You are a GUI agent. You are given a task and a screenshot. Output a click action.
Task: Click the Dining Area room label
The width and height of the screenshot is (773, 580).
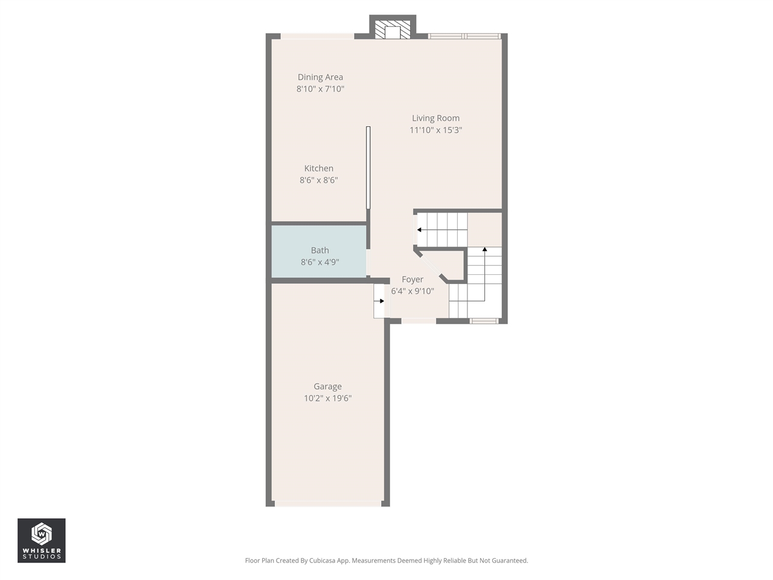tap(320, 77)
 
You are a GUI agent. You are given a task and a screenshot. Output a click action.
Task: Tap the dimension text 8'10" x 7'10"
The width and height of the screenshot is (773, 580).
tap(320, 89)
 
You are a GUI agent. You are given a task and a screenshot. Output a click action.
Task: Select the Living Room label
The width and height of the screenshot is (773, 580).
tap(435, 118)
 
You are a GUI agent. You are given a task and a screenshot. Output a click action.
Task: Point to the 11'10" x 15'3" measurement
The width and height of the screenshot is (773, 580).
tap(435, 130)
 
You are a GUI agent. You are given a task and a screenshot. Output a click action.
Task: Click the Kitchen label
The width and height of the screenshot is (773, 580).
tap(319, 169)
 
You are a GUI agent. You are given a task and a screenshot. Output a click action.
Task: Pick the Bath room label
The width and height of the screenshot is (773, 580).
tap(320, 250)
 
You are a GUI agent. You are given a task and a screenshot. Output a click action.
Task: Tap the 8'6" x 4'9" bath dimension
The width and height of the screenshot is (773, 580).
tap(320, 262)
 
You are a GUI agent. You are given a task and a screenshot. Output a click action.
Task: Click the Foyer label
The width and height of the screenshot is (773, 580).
tap(412, 279)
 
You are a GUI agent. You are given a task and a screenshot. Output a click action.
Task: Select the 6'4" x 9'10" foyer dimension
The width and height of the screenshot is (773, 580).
tap(412, 291)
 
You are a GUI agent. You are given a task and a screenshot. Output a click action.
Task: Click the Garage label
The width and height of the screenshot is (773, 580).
tap(327, 387)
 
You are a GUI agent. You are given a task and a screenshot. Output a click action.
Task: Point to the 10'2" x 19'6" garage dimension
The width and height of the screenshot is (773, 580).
tap(327, 398)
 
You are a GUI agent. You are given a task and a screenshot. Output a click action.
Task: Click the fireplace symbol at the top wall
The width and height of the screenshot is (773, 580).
tap(393, 29)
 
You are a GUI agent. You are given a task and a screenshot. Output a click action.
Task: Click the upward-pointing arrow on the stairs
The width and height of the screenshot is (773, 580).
tap(484, 250)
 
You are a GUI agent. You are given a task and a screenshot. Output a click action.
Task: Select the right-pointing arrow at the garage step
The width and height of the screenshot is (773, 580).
tap(381, 301)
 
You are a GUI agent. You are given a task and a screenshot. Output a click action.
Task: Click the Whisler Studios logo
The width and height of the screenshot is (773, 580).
tap(41, 541)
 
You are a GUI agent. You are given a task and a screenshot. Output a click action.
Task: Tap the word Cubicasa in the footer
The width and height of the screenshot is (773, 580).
tap(322, 561)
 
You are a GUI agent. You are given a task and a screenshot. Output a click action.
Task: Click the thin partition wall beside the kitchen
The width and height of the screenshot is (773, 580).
tap(368, 168)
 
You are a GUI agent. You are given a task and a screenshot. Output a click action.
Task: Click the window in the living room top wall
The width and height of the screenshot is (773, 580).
tap(464, 36)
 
